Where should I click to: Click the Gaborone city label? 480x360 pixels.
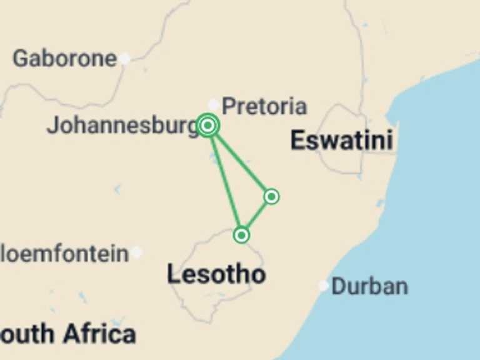point(64,59)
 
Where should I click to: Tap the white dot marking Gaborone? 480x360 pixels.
point(125,59)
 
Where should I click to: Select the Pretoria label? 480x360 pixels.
point(264,106)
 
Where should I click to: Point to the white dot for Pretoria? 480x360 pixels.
point(214,104)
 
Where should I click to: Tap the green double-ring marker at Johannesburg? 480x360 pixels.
point(208,126)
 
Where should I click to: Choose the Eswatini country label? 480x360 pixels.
point(341,140)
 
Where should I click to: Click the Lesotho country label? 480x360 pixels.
point(216,274)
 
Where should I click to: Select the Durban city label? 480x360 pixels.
point(369,286)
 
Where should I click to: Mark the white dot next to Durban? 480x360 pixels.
point(323,286)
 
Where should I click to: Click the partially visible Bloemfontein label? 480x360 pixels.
point(64,254)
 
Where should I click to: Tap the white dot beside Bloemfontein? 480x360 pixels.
point(137,252)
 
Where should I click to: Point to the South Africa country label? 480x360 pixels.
point(67,334)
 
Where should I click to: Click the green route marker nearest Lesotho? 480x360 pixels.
point(241,235)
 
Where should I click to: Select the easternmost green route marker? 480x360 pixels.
point(271,196)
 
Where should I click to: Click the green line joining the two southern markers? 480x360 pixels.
point(256,216)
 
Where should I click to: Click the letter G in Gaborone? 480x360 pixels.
point(21,59)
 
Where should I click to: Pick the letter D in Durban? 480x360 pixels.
point(338,286)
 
